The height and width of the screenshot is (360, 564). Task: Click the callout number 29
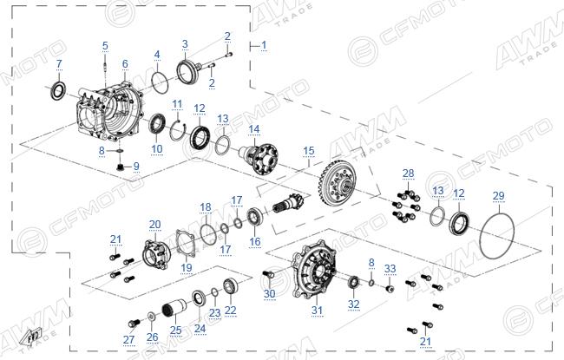498,196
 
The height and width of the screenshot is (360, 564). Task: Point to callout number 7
59,64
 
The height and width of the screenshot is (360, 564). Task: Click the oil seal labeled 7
58,91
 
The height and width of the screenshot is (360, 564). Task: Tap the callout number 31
317,310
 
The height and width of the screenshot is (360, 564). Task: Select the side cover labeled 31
313,271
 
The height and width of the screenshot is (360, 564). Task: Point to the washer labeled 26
151,317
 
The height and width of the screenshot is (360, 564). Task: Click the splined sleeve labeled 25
174,307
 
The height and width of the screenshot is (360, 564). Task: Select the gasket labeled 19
186,245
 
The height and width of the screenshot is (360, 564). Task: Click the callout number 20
155,225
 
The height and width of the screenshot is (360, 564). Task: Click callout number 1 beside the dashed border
264,45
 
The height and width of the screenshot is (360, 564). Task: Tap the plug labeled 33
389,289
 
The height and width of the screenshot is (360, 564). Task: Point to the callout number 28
409,173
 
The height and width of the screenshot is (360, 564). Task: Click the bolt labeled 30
267,274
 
